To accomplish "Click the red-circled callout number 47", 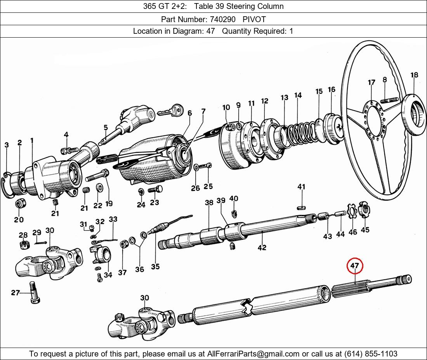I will (x=355, y=266).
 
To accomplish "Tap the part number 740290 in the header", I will (x=220, y=19).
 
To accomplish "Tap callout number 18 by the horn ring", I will (x=414, y=75).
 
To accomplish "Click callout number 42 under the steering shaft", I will (x=262, y=247).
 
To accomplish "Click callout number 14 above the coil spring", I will (x=298, y=95).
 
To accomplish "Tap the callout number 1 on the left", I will (x=32, y=140).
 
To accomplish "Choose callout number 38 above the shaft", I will (x=209, y=202).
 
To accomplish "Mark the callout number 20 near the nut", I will (x=19, y=220).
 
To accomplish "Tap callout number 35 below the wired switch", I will (x=155, y=267).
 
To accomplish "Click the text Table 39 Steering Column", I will (x=239, y=6).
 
